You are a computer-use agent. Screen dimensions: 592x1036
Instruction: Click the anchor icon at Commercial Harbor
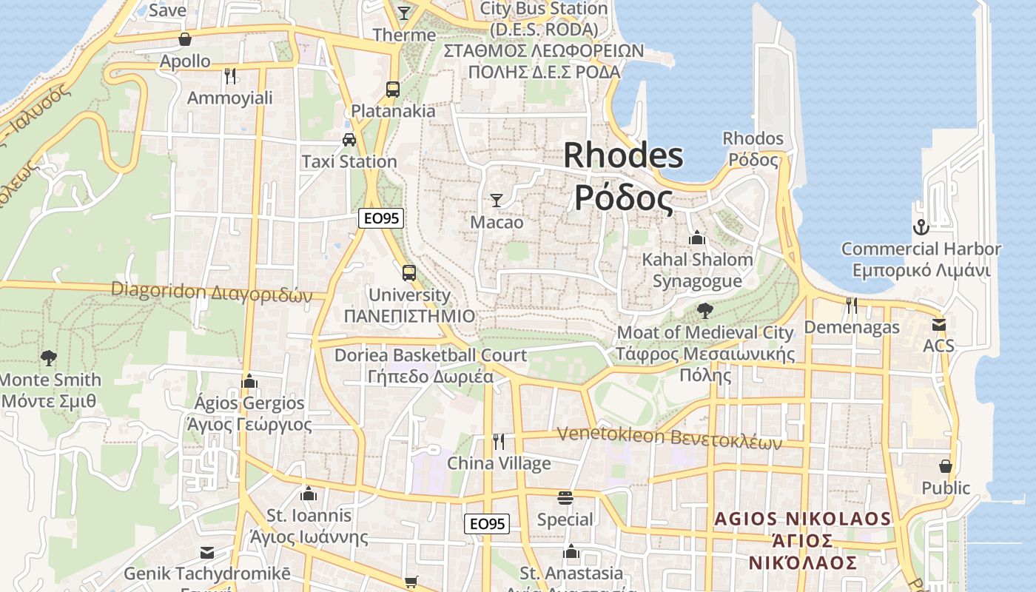point(921,226)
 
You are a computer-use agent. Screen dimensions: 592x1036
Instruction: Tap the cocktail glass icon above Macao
point(497,200)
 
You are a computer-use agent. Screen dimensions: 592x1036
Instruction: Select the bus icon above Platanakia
point(393,90)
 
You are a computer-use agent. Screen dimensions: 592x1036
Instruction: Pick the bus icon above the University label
point(409,272)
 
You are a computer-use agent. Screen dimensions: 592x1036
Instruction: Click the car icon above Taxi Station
point(349,139)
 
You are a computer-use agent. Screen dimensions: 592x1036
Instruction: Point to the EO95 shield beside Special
point(487,524)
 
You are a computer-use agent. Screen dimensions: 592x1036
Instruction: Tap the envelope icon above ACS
point(938,324)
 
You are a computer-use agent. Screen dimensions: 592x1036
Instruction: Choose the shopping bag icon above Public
point(945,466)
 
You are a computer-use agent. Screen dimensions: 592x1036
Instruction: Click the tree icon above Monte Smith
point(49,358)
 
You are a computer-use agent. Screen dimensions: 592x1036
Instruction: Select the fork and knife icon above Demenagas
point(852,305)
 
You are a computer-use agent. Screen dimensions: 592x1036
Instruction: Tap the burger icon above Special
point(565,497)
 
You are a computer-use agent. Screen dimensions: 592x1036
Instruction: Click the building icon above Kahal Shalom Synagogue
point(697,238)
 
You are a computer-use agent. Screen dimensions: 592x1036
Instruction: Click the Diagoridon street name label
point(212,292)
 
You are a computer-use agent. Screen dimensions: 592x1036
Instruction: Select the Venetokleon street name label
point(669,437)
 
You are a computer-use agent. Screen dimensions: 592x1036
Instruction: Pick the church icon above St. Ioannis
point(309,494)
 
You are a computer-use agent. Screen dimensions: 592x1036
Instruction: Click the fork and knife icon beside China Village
point(499,442)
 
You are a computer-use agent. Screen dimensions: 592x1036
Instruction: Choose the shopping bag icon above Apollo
point(185,39)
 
